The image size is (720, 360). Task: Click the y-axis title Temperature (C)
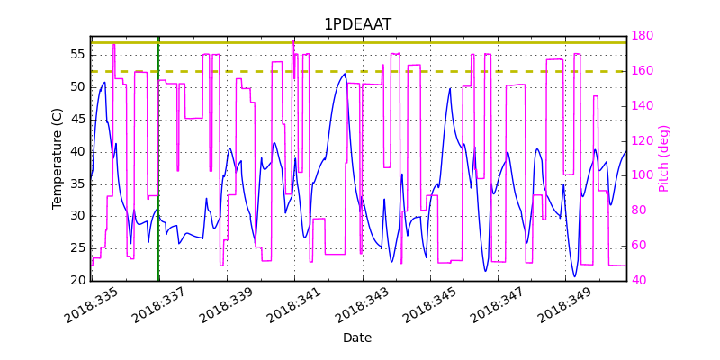(x=58, y=158)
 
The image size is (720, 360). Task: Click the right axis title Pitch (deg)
(x=664, y=158)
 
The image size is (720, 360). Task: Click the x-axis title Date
(x=357, y=337)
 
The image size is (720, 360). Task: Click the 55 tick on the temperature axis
(x=77, y=55)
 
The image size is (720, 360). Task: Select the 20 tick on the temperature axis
(x=77, y=281)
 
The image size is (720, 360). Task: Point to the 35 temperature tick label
(x=77, y=184)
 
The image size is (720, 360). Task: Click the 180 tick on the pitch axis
(x=642, y=36)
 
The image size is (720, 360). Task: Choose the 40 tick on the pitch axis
(x=638, y=281)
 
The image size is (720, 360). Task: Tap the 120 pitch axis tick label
(x=642, y=140)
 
